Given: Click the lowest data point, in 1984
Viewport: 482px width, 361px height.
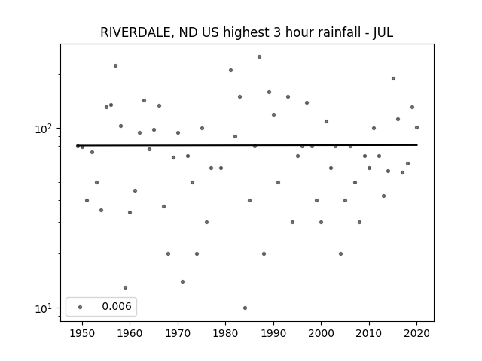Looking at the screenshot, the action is click(x=245, y=308).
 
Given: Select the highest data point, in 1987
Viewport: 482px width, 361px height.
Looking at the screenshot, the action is click(x=259, y=57).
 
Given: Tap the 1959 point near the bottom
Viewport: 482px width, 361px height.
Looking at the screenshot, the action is click(x=126, y=287).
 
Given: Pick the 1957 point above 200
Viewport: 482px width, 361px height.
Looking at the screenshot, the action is click(x=115, y=65).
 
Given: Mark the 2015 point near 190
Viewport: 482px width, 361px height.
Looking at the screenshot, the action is click(x=393, y=78).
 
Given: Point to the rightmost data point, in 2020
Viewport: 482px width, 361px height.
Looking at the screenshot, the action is click(x=416, y=127).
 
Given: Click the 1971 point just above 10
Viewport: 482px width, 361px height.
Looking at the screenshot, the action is click(x=182, y=281).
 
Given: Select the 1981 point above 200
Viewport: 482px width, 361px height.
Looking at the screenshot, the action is click(x=231, y=70).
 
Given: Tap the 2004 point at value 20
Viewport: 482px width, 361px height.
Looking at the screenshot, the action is click(x=340, y=254).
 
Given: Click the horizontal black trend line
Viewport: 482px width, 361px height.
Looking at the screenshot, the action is click(x=247, y=145).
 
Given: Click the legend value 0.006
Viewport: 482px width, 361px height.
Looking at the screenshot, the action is click(x=117, y=306).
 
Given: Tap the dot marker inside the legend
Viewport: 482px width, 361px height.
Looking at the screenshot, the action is click(x=81, y=307).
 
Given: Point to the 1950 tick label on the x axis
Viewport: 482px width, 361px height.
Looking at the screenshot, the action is click(x=82, y=333).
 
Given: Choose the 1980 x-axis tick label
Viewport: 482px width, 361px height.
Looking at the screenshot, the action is click(x=226, y=333).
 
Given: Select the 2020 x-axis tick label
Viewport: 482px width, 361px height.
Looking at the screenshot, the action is click(x=416, y=333).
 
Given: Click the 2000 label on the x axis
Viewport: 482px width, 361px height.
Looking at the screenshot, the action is click(x=322, y=333).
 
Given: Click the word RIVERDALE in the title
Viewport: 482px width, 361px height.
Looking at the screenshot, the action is click(x=136, y=32).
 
